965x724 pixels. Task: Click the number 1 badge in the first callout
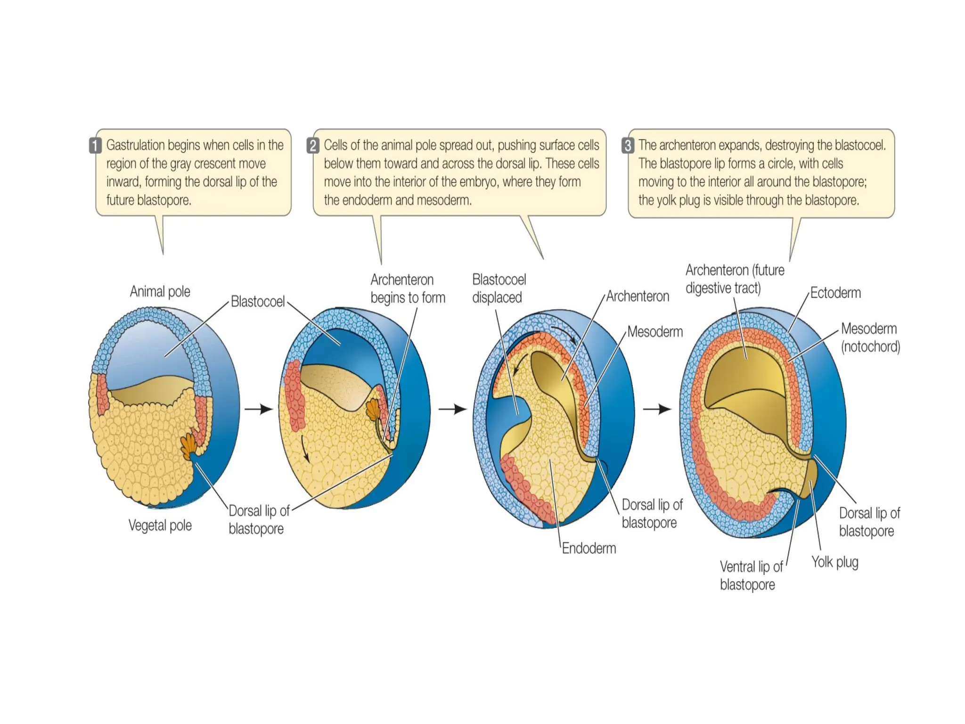95,145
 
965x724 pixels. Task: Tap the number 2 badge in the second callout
313,145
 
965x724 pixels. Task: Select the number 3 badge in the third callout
628,145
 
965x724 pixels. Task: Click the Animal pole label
160,291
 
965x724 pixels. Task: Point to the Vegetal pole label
160,525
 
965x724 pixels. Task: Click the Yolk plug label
834,562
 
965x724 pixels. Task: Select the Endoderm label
589,548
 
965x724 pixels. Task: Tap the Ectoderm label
835,293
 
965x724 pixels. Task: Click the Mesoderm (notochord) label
870,337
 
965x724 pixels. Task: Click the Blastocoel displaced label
499,288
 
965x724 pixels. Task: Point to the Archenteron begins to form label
407,288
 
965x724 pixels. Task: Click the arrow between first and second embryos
259,409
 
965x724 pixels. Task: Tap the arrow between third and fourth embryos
657,409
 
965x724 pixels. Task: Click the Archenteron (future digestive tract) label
734,279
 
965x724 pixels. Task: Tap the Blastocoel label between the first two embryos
257,301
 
